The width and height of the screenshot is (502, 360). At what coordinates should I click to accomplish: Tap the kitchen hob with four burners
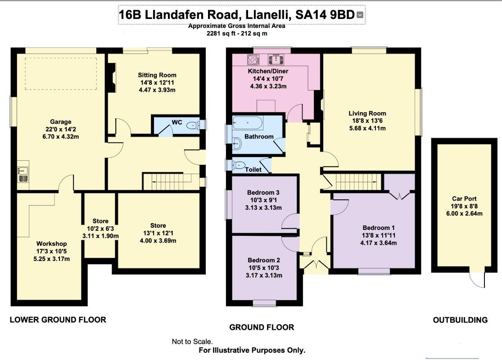tap(252, 59)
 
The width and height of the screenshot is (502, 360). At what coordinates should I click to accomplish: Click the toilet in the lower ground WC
tap(193, 126)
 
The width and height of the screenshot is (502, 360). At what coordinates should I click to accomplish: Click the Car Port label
tap(464, 198)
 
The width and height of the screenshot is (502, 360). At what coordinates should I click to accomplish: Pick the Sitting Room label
tap(157, 75)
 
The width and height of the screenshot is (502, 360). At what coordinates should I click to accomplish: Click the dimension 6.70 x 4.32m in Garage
tap(60, 137)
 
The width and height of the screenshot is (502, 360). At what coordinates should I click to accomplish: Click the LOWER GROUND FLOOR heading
tap(58, 320)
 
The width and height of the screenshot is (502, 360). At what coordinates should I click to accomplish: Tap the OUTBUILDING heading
tap(460, 320)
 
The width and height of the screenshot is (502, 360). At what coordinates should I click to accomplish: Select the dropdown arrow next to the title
tap(360, 15)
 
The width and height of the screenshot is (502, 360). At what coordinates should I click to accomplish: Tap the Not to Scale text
tap(192, 342)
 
